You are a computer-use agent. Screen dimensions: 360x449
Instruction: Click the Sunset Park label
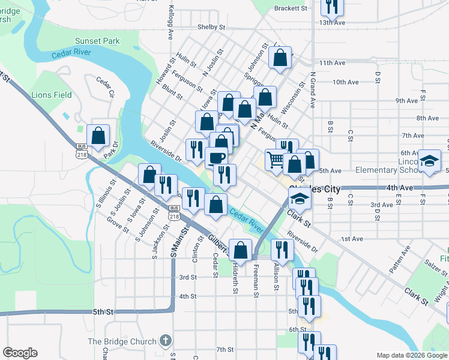tap(97, 41)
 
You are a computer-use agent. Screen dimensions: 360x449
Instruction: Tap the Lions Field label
tap(52, 95)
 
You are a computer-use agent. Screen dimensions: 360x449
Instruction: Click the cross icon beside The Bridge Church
tap(166, 341)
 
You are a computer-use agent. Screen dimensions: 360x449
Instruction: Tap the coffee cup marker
tap(217, 158)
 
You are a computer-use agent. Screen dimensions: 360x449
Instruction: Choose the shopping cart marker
tap(275, 160)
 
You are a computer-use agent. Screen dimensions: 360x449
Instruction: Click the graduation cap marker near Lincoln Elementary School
tap(430, 160)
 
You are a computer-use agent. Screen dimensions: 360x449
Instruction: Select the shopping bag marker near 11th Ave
tap(280, 58)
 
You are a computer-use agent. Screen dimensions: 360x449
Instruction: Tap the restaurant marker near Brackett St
tap(331, 6)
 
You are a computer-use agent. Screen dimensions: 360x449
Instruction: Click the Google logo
tap(20, 353)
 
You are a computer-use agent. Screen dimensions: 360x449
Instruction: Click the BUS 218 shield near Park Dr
tap(82, 151)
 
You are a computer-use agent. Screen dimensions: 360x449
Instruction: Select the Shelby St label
tap(211, 28)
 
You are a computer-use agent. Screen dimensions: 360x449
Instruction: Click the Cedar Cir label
tap(106, 87)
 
